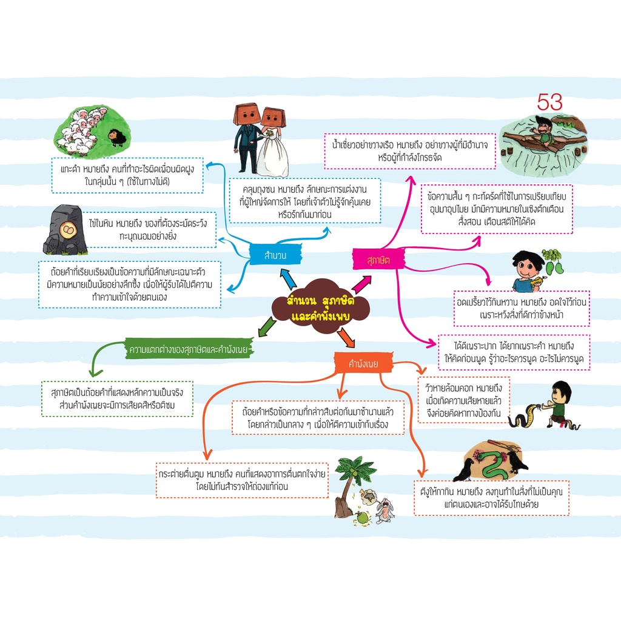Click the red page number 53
pyautogui.click(x=549, y=102)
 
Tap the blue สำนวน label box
pyautogui.click(x=275, y=255)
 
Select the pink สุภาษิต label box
pyautogui.click(x=378, y=260)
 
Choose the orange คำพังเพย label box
pyautogui.click(x=363, y=363)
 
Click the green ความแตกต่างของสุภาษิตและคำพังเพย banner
pyautogui.click(x=189, y=349)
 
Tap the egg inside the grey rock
pyautogui.click(x=67, y=230)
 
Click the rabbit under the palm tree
pyautogui.click(x=384, y=511)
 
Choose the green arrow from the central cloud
pyautogui.click(x=267, y=327)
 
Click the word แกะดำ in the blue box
pyautogui.click(x=70, y=169)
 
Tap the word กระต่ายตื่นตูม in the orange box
pyautogui.click(x=181, y=474)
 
